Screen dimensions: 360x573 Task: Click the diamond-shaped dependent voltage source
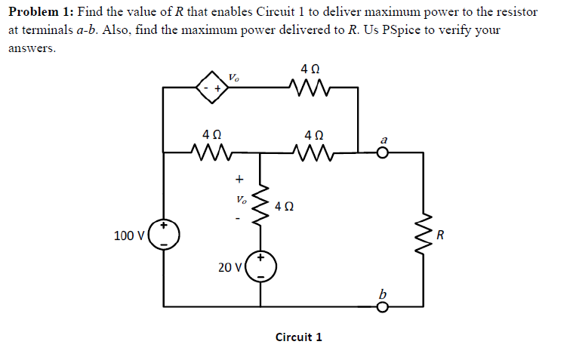(x=213, y=88)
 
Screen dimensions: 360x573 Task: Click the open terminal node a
(x=383, y=152)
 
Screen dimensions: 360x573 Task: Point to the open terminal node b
(x=383, y=306)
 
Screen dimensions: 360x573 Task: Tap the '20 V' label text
(x=230, y=266)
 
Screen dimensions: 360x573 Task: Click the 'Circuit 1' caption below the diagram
(x=299, y=337)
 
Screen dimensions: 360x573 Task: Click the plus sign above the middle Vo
(x=239, y=180)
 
